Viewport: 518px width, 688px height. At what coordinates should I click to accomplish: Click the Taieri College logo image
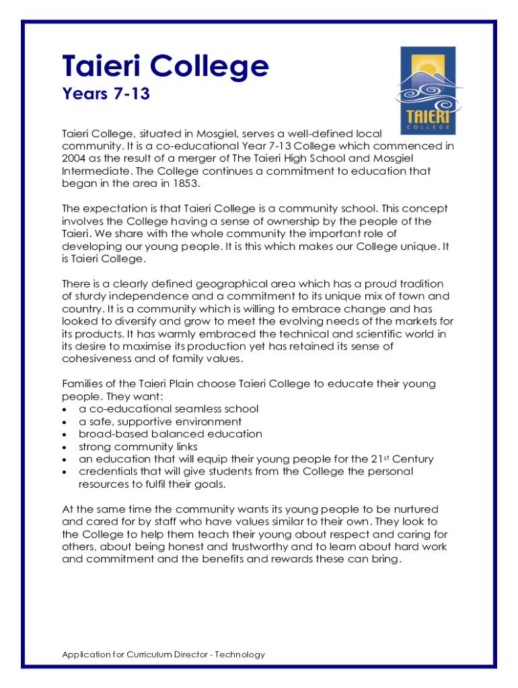pyautogui.click(x=428, y=90)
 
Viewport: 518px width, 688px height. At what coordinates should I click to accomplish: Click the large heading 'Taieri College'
pyautogui.click(x=165, y=66)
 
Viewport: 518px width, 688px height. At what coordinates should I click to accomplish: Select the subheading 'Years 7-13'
pyautogui.click(x=106, y=94)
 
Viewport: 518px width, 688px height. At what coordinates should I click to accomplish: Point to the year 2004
pyautogui.click(x=75, y=158)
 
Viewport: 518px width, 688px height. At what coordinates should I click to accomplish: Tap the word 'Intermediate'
pyautogui.click(x=93, y=171)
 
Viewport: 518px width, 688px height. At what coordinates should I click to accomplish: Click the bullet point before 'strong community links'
pyautogui.click(x=64, y=447)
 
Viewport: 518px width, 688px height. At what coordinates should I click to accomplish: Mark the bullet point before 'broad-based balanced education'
pyautogui.click(x=64, y=435)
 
